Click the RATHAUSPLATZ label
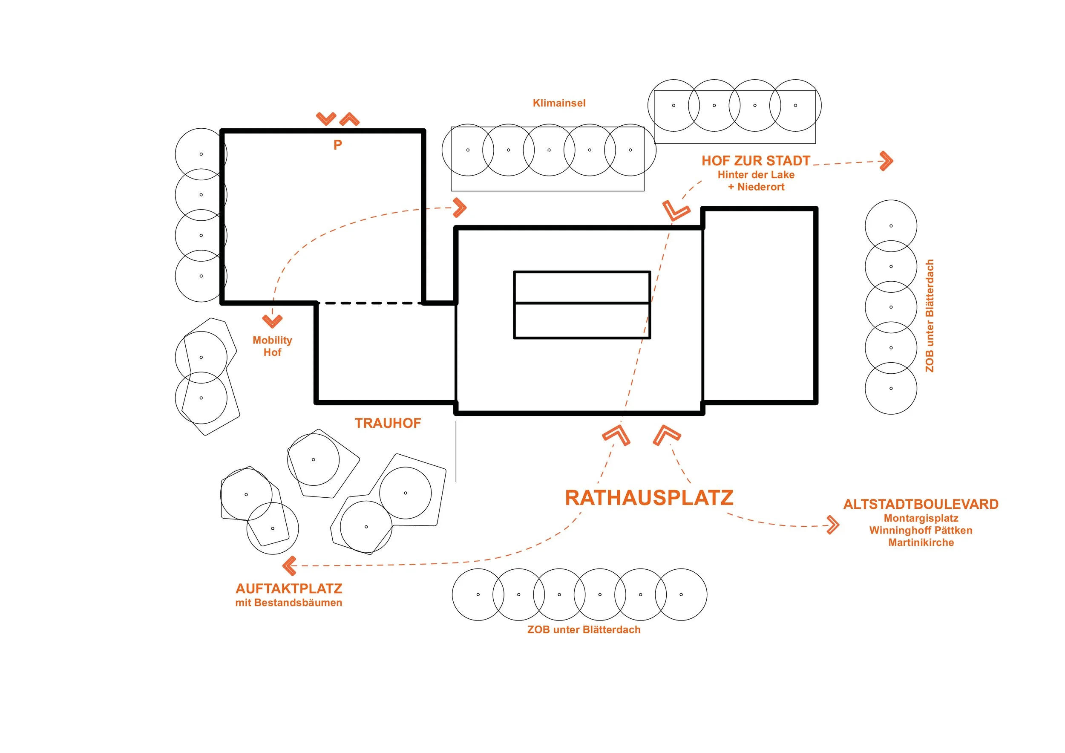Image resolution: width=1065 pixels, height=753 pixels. pyautogui.click(x=649, y=498)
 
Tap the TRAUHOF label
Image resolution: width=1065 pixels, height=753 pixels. pyautogui.click(x=388, y=423)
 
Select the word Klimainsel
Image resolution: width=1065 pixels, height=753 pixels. pyautogui.click(x=559, y=103)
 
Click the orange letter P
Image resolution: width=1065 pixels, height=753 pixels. pyautogui.click(x=338, y=145)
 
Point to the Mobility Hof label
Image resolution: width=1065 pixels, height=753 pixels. pyautogui.click(x=272, y=346)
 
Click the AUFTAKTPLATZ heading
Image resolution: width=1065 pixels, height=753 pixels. pyautogui.click(x=288, y=589)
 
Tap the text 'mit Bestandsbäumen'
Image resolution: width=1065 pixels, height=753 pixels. pyautogui.click(x=288, y=603)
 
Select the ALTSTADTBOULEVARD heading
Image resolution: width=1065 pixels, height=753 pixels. pyautogui.click(x=921, y=504)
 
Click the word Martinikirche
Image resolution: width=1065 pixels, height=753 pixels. pyautogui.click(x=921, y=542)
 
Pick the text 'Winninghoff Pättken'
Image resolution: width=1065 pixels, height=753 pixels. pyautogui.click(x=921, y=530)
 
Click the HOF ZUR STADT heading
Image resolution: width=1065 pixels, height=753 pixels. pyautogui.click(x=756, y=161)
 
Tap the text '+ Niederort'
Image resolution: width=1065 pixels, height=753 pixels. pyautogui.click(x=756, y=187)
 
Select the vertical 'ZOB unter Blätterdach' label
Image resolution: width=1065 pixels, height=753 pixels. pyautogui.click(x=930, y=315)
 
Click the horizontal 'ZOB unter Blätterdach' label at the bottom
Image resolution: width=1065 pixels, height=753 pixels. pyautogui.click(x=584, y=629)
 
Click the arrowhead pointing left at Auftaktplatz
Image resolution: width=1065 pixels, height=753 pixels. pyautogui.click(x=288, y=566)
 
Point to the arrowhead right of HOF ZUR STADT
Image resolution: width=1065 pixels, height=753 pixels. pyautogui.click(x=887, y=161)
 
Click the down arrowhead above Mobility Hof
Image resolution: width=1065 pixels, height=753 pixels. pyautogui.click(x=272, y=321)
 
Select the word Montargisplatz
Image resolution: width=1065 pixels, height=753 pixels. pyautogui.click(x=921, y=518)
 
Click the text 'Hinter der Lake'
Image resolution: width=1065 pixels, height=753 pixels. pyautogui.click(x=756, y=175)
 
